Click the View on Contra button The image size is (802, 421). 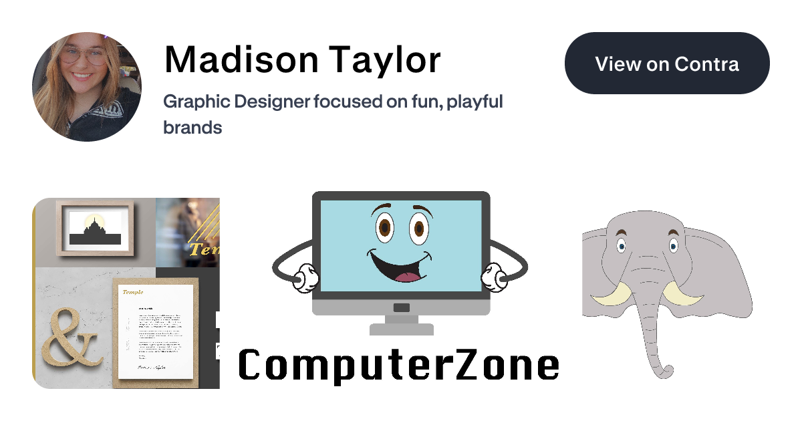(667, 64)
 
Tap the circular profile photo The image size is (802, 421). (87, 87)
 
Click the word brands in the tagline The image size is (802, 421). (192, 127)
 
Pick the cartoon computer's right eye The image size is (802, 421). (418, 229)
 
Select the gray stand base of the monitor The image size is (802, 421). (401, 328)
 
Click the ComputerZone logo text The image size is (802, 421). (399, 366)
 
